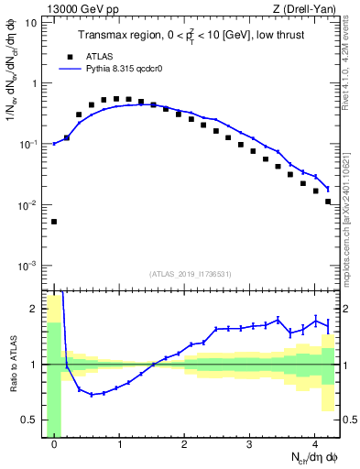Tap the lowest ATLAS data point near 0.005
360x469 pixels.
pyautogui.click(x=54, y=222)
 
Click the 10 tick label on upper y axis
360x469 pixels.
pyautogui.click(x=31, y=22)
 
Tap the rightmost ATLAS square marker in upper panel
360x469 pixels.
pyautogui.click(x=327, y=201)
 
